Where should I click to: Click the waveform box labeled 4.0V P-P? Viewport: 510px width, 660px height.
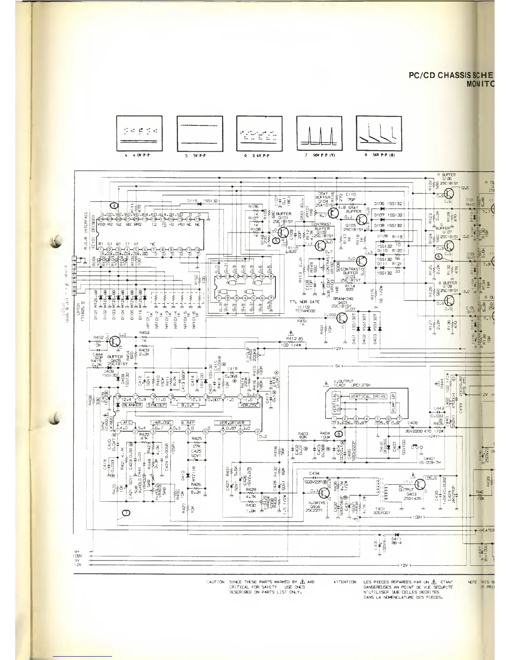[x=140, y=133]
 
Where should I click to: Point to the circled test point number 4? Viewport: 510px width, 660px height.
[x=115, y=205]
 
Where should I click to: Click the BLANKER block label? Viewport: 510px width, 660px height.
[x=132, y=405]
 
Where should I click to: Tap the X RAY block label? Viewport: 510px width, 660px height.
[x=188, y=422]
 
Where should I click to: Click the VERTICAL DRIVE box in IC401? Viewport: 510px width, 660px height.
[x=368, y=396]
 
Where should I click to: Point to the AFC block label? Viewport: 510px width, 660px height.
[x=126, y=422]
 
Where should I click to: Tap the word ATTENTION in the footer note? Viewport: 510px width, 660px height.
[x=345, y=582]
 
